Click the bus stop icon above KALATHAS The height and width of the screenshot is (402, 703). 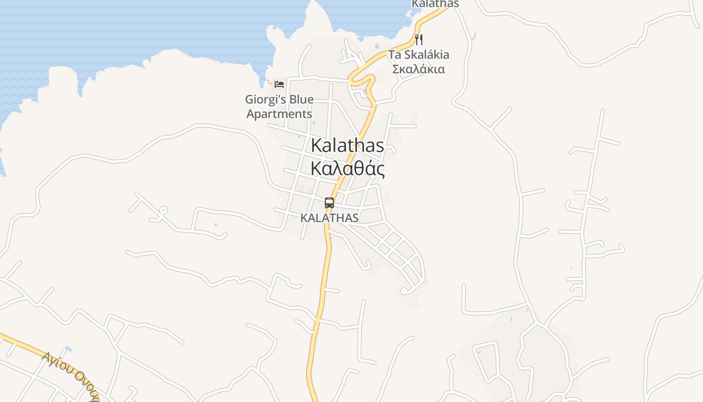(x=329, y=203)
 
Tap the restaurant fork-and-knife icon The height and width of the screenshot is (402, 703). (x=419, y=39)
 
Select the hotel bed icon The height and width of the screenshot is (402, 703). (x=279, y=84)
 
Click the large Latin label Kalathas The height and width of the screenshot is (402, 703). (x=347, y=146)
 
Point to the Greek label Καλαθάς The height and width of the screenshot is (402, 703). (x=347, y=169)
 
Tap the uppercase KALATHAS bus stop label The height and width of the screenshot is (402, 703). (x=329, y=218)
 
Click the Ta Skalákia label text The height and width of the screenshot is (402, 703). (x=419, y=55)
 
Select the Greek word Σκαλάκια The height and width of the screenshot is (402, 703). (x=419, y=69)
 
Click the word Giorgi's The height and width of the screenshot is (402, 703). (x=265, y=99)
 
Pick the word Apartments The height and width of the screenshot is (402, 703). (x=279, y=114)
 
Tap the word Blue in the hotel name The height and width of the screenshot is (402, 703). (x=301, y=99)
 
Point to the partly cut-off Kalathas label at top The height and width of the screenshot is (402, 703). (x=435, y=4)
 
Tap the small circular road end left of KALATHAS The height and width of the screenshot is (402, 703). (x=163, y=210)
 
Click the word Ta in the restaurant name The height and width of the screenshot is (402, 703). (x=395, y=55)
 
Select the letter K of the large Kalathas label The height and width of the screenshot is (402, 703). (x=316, y=146)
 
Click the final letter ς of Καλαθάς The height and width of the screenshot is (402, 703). (x=381, y=170)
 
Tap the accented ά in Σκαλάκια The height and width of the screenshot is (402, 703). (x=420, y=69)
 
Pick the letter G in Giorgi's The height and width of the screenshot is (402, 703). (x=250, y=99)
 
